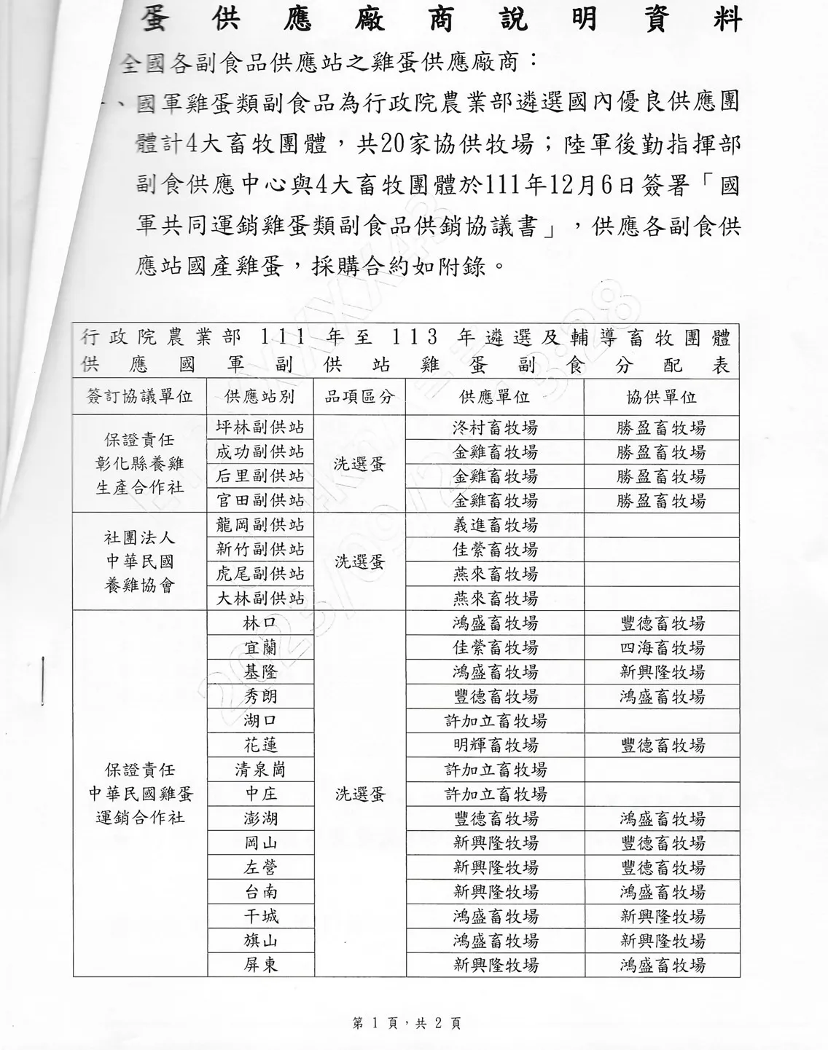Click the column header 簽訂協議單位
coord(139,397)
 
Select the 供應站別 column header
coord(260,397)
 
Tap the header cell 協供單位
coord(661,397)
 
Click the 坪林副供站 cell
coord(260,427)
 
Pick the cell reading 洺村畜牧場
coord(495,428)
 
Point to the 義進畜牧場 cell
coord(495,525)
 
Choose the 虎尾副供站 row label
coord(260,574)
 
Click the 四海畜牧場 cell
coord(662,647)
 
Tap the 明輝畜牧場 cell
coord(495,745)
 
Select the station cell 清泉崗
coord(260,770)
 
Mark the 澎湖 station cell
coord(260,818)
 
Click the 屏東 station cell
coord(260,966)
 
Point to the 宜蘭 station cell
coord(260,647)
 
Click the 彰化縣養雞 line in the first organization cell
coord(139,464)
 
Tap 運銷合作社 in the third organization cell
coord(139,817)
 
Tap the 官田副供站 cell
coord(260,500)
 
